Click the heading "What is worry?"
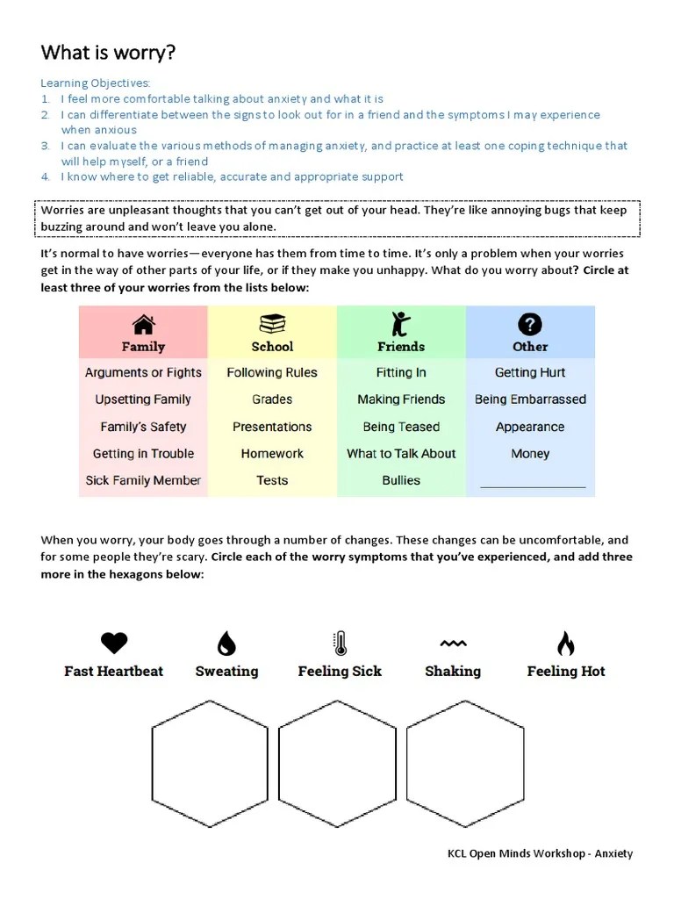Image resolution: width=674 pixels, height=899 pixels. tap(108, 53)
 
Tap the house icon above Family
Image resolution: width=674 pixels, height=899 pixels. tap(143, 325)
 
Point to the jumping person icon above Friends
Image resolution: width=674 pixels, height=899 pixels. tap(401, 324)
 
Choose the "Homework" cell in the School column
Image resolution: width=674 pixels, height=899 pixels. tap(272, 454)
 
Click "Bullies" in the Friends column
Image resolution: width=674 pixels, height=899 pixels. tap(401, 480)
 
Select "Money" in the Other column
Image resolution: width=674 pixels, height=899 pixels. tap(530, 454)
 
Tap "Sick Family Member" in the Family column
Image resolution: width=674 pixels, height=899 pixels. tap(143, 480)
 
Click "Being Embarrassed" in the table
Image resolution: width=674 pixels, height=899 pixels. tap(530, 399)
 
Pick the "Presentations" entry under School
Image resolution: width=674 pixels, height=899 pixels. tap(272, 427)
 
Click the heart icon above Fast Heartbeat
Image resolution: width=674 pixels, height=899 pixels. tap(114, 644)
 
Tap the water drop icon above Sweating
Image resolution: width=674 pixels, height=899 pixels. tap(226, 644)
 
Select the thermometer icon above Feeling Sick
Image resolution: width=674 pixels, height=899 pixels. tap(340, 644)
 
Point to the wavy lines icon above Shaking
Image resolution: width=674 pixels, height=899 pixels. tap(453, 644)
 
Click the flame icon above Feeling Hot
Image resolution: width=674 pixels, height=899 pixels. tap(566, 644)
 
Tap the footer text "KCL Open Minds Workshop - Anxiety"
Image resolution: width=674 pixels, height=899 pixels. tap(540, 853)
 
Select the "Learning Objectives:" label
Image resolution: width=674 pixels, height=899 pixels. tap(95, 83)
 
